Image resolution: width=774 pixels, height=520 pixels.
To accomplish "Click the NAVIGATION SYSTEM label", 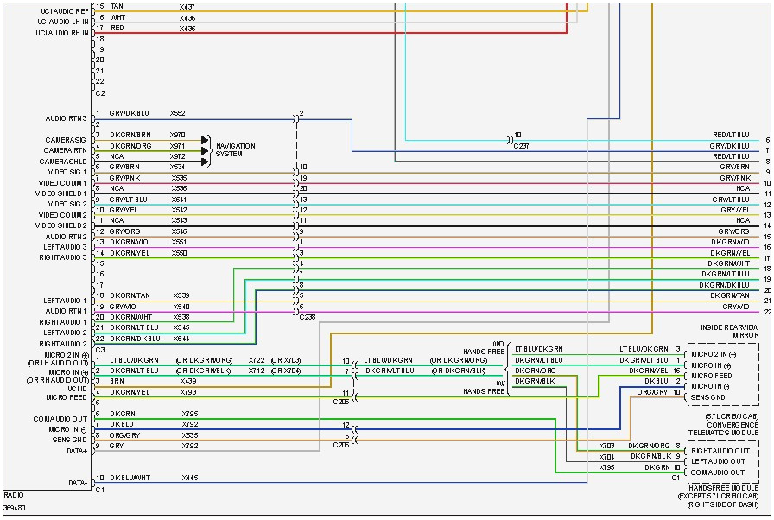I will pos(235,150).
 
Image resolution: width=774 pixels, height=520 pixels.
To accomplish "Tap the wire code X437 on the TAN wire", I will pos(187,7).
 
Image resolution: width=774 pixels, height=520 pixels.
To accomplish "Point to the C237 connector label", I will pos(522,146).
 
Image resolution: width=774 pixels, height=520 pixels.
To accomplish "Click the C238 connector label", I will pos(307,317).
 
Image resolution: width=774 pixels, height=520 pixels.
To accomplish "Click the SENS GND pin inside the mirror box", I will pos(708,396).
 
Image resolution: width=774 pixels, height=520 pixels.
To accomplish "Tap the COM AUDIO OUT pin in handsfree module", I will pos(718,472).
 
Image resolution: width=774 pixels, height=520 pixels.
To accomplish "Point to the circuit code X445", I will pos(189,478).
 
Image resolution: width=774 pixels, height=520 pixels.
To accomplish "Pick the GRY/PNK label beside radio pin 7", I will pos(124,177).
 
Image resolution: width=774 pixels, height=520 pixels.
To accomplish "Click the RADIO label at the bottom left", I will pos(14,496).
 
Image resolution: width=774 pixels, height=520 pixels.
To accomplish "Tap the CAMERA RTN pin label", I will pos(66,150).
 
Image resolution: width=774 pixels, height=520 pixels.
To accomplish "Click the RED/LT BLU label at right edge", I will pos(730,136).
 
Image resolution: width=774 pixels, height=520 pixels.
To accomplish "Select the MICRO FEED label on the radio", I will pos(66,397).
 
